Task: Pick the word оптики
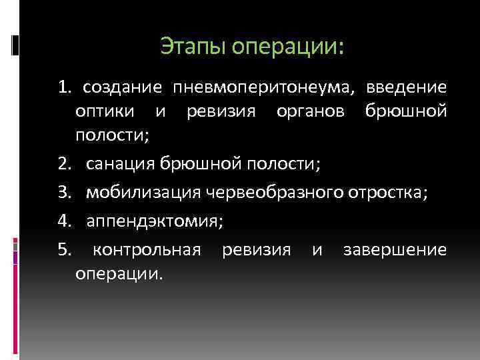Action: [108, 111]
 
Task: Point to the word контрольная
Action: [146, 250]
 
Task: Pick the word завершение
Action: [395, 250]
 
